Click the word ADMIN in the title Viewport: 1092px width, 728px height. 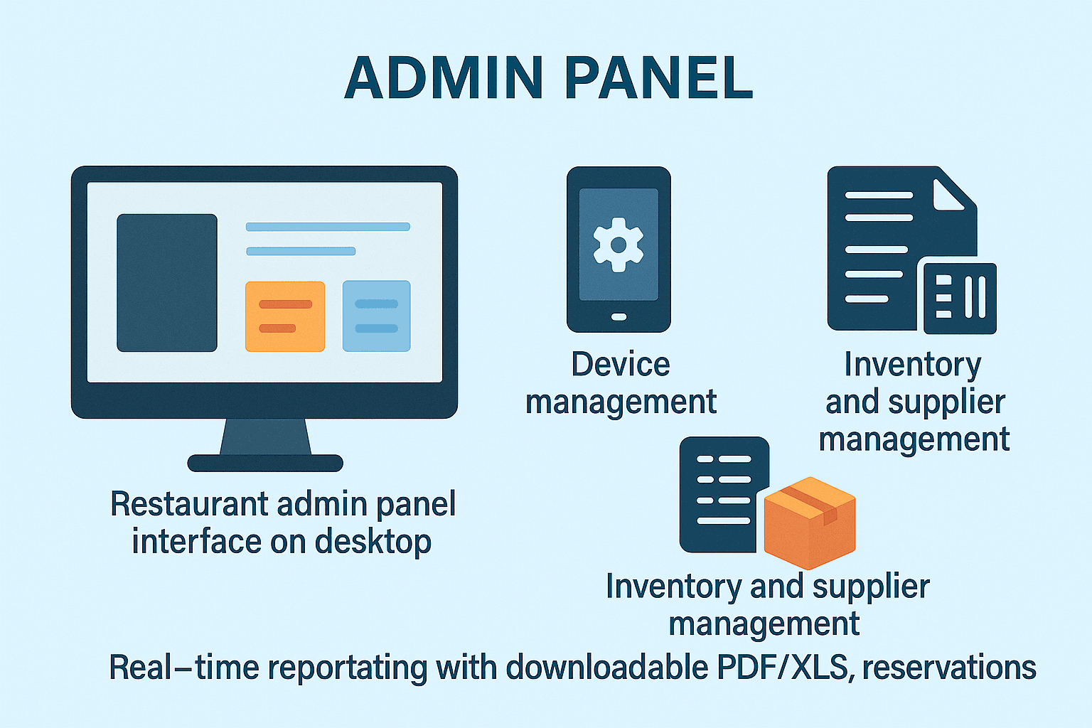pos(444,77)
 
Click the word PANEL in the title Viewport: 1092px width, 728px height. pos(658,77)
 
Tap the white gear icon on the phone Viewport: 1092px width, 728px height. pos(619,245)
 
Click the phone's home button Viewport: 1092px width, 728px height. pos(619,317)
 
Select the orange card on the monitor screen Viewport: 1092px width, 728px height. pos(285,316)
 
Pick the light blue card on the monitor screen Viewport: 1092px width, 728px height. pos(376,316)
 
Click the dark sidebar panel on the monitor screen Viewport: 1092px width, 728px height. pos(167,283)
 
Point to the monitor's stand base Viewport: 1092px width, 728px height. pos(265,464)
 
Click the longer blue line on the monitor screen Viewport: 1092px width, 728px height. pos(328,227)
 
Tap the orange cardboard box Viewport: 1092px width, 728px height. pos(810,523)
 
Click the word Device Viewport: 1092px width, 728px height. pos(621,365)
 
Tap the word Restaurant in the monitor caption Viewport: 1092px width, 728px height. pos(188,504)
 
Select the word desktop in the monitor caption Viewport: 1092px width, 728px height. pos(373,542)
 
